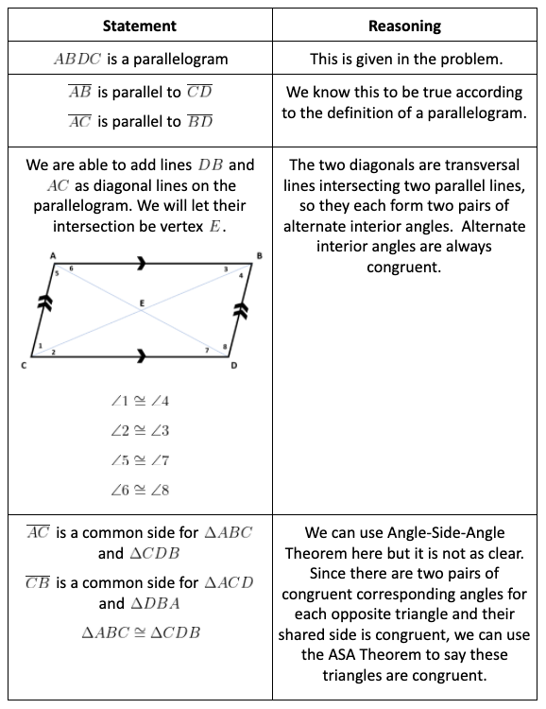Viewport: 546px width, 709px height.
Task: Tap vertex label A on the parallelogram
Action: (52, 256)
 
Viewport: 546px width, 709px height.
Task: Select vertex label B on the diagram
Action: (259, 256)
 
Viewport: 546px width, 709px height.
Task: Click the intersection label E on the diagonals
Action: (143, 303)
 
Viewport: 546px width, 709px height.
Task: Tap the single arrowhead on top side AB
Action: (143, 266)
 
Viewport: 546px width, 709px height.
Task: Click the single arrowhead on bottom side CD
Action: (143, 356)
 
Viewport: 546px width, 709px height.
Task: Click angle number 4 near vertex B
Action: (240, 274)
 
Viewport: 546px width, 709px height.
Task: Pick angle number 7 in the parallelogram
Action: (206, 350)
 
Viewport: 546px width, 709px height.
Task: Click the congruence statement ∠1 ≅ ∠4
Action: (140, 401)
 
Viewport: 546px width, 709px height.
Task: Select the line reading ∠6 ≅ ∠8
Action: (140, 491)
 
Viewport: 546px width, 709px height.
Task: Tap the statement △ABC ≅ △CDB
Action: (140, 632)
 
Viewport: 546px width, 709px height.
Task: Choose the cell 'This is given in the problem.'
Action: (407, 59)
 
